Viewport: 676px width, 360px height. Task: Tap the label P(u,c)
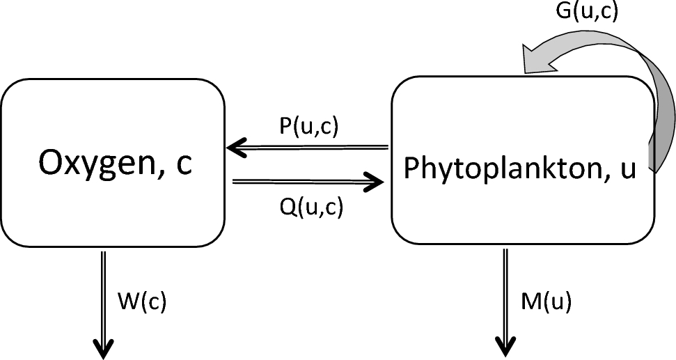pos(307,128)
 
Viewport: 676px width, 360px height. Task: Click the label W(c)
pos(143,303)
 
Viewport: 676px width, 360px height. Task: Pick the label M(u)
pos(547,303)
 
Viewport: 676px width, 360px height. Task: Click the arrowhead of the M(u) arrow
pos(505,346)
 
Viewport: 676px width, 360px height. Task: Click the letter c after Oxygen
pos(181,166)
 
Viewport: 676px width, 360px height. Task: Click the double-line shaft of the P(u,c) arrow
pos(313,148)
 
